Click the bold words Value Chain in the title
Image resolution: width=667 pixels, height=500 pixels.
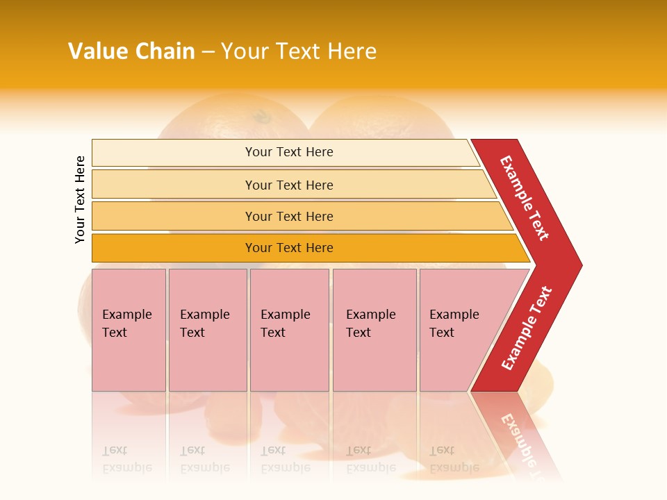[131, 51]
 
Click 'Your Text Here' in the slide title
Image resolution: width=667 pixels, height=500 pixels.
[299, 51]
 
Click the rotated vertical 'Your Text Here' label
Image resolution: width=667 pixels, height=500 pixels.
[80, 199]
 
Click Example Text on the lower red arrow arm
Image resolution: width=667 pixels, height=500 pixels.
[527, 328]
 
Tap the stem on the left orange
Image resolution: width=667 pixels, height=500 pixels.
[262, 116]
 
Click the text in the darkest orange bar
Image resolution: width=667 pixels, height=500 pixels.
[289, 248]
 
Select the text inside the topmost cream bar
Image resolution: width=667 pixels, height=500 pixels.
[289, 152]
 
